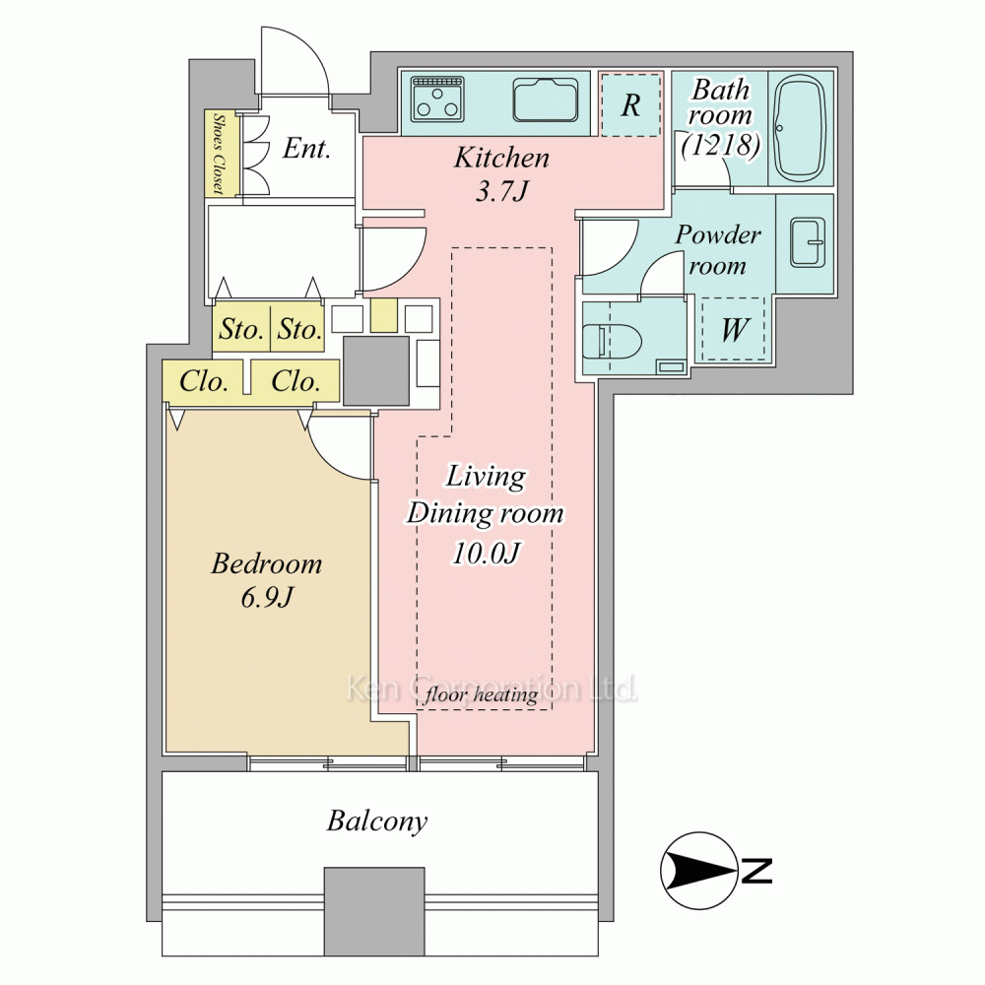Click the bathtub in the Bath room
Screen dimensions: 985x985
click(x=800, y=128)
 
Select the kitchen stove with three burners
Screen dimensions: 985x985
click(x=438, y=99)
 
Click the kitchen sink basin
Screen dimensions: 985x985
click(x=546, y=99)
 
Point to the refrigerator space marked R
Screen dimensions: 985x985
click(x=630, y=104)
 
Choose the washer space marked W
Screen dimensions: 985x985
click(x=733, y=329)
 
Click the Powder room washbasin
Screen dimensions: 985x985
click(x=807, y=242)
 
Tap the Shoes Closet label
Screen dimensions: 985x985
click(x=220, y=153)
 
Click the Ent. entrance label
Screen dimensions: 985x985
click(x=306, y=149)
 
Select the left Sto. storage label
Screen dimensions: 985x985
click(x=240, y=329)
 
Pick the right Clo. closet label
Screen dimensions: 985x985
click(x=295, y=381)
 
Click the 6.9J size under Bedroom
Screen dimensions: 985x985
click(x=267, y=597)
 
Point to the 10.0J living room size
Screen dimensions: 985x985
click(x=487, y=553)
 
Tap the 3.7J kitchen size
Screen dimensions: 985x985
click(x=501, y=190)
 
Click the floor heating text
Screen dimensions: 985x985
click(x=482, y=694)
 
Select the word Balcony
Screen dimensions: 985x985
click(x=377, y=821)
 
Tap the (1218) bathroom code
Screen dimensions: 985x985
click(x=721, y=145)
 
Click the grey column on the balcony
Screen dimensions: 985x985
click(x=374, y=911)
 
